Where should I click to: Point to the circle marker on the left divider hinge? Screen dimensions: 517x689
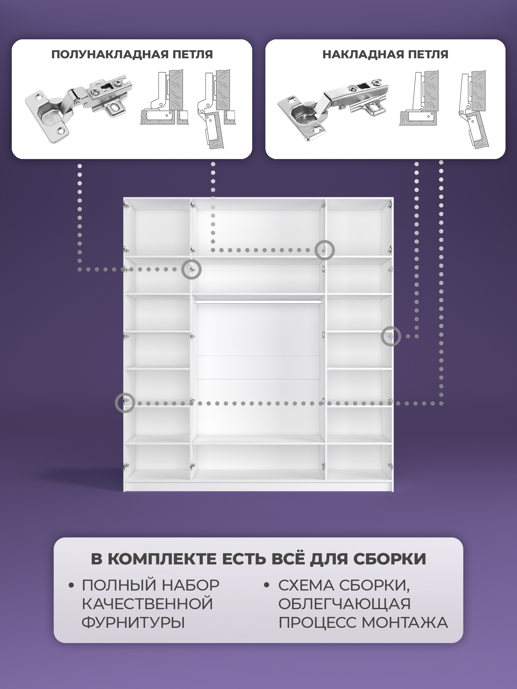click(191, 260)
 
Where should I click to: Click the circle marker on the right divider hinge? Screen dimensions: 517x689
click(324, 241)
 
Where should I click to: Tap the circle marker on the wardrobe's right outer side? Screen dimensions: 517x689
click(391, 327)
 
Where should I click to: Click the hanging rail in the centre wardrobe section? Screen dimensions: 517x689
click(258, 301)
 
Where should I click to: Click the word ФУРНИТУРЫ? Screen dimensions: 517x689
click(133, 623)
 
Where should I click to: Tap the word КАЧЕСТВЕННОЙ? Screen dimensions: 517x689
click(147, 604)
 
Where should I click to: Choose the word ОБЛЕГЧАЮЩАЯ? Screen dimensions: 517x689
click(344, 604)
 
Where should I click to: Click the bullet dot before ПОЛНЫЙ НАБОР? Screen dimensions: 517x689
click(71, 585)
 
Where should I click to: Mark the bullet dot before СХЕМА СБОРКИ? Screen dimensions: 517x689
click(267, 585)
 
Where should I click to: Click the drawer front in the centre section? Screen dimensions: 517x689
click(258, 367)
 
